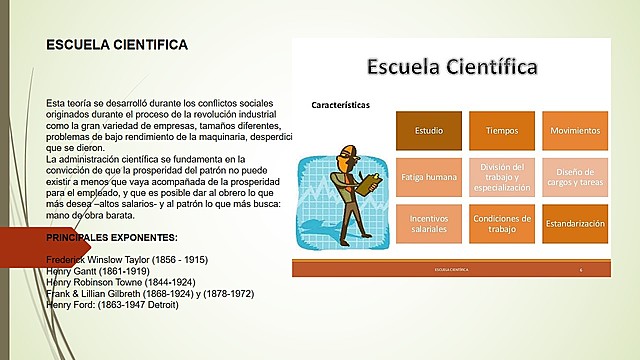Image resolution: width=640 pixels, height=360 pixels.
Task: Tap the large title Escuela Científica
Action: pyautogui.click(x=452, y=67)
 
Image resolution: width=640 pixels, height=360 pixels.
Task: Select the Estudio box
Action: pyautogui.click(x=429, y=131)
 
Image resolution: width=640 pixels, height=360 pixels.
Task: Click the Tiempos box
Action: pyautogui.click(x=501, y=131)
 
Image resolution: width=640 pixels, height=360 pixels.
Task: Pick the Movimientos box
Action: pyautogui.click(x=574, y=131)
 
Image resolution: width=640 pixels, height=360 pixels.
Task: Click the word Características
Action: pyautogui.click(x=341, y=104)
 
